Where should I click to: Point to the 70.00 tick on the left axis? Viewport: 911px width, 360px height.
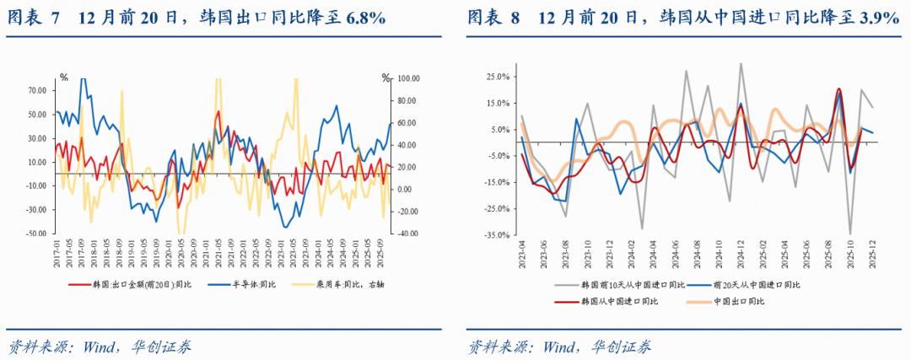[37, 90]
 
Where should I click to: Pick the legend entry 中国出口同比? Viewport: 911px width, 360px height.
[743, 301]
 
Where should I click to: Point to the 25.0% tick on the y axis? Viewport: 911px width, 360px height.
[498, 77]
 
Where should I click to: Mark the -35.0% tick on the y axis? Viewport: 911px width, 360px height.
[497, 235]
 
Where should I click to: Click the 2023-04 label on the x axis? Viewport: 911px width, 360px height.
[522, 251]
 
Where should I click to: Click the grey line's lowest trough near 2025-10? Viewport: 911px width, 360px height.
[850, 234]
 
